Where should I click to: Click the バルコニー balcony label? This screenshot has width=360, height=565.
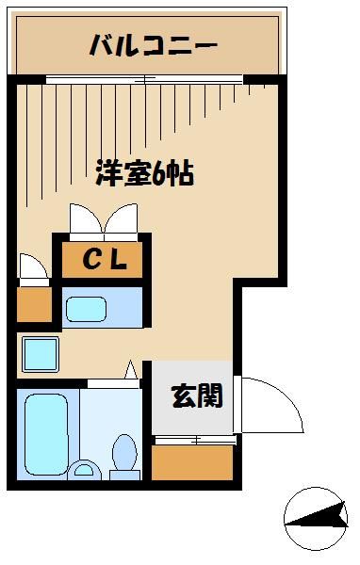tap(153, 44)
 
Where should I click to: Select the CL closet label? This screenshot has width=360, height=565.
tap(103, 259)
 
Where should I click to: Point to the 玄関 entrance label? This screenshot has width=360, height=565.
tap(196, 396)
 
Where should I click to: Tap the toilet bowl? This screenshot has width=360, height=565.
tap(124, 456)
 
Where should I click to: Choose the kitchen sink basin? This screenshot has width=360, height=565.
tap(89, 307)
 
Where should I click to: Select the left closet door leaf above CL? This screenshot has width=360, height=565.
tap(84, 220)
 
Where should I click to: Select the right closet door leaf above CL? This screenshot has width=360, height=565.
tap(122, 220)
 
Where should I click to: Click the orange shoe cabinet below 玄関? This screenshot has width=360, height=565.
tap(193, 461)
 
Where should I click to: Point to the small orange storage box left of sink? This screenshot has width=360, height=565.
tap(35, 303)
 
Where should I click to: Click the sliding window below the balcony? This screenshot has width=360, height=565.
tap(151, 80)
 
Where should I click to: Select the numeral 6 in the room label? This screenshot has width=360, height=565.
tap(156, 174)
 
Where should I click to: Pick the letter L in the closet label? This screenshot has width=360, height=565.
tap(119, 259)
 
